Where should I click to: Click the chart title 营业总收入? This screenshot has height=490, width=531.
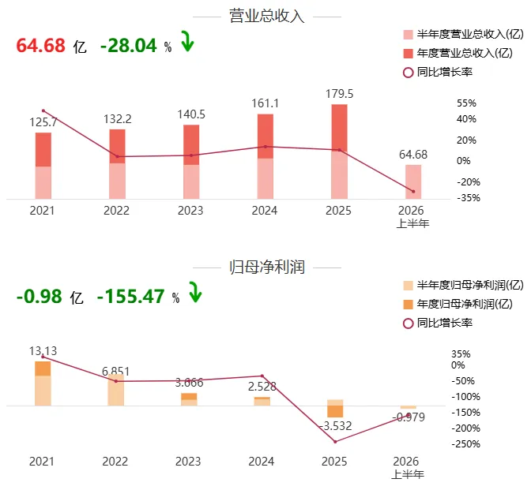(x=267, y=17)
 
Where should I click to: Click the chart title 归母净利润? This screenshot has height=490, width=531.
(x=267, y=267)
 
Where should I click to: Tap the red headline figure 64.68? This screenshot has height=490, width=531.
(x=40, y=45)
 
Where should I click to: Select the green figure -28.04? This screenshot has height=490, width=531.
(x=129, y=45)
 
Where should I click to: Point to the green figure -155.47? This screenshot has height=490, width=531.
(x=130, y=296)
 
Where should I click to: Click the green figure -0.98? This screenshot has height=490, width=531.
(x=40, y=296)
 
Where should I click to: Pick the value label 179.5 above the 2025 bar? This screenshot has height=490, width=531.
(x=339, y=94)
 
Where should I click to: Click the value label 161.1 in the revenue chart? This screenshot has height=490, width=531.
(x=265, y=103)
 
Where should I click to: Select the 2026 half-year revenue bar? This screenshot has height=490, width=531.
(x=413, y=182)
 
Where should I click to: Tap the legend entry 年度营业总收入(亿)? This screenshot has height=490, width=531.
(x=458, y=53)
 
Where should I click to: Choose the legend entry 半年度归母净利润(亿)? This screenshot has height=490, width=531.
(x=463, y=285)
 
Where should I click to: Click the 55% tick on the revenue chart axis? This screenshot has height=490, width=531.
(x=466, y=103)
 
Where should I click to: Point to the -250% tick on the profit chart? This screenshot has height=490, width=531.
(x=465, y=444)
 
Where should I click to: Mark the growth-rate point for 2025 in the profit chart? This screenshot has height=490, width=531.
(x=335, y=442)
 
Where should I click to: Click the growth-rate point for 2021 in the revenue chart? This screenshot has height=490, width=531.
(x=43, y=111)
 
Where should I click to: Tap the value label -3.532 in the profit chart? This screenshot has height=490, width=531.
(x=336, y=426)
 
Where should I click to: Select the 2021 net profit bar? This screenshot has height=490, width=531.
(x=43, y=383)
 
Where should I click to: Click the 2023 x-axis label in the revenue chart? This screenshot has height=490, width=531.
(x=190, y=211)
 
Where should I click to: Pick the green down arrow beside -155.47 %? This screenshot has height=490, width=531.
(x=195, y=292)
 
